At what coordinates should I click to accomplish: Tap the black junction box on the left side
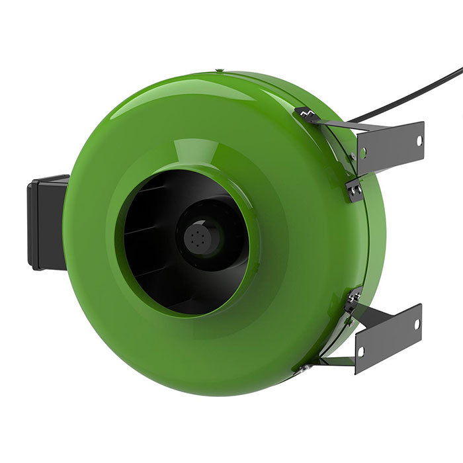click(x=46, y=222)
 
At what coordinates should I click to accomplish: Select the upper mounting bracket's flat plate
click(x=390, y=147)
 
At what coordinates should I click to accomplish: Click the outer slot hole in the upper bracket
click(x=418, y=140)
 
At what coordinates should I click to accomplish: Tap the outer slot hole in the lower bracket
click(x=417, y=324)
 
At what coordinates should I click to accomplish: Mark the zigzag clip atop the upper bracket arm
click(x=306, y=114)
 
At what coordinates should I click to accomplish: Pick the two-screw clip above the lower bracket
click(x=352, y=301)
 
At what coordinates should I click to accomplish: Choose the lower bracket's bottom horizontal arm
click(x=337, y=361)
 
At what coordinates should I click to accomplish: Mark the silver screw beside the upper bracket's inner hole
click(x=353, y=156)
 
